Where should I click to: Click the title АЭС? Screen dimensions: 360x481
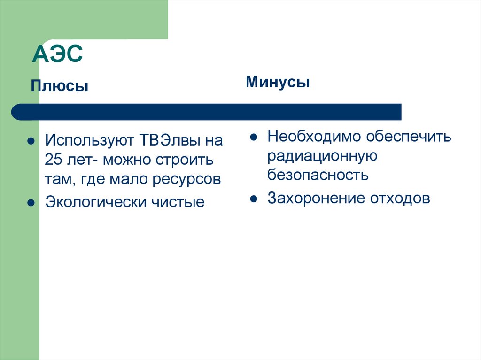pyautogui.click(x=57, y=54)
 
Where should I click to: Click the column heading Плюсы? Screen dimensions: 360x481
pyautogui.click(x=60, y=86)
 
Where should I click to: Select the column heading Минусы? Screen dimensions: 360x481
pyautogui.click(x=278, y=83)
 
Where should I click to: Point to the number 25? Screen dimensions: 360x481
pyautogui.click(x=53, y=160)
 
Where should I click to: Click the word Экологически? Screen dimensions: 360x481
pyautogui.click(x=96, y=202)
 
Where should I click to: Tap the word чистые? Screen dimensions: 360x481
pyautogui.click(x=178, y=202)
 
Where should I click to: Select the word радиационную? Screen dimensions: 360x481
pyautogui.click(x=322, y=156)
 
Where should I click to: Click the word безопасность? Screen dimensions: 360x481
pyautogui.click(x=318, y=175)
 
